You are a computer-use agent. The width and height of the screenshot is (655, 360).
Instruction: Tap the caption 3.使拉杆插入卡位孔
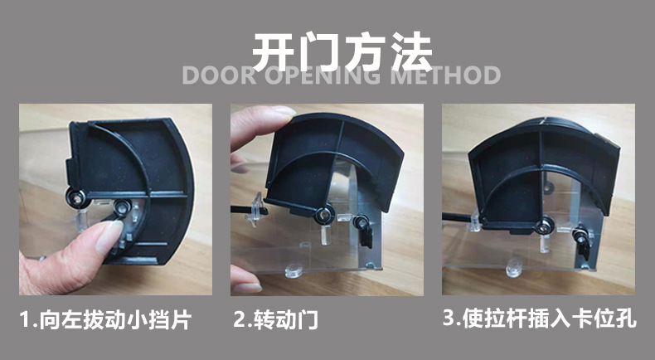(x=540, y=319)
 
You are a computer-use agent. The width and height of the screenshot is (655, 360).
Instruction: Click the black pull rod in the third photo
(x=456, y=217)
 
